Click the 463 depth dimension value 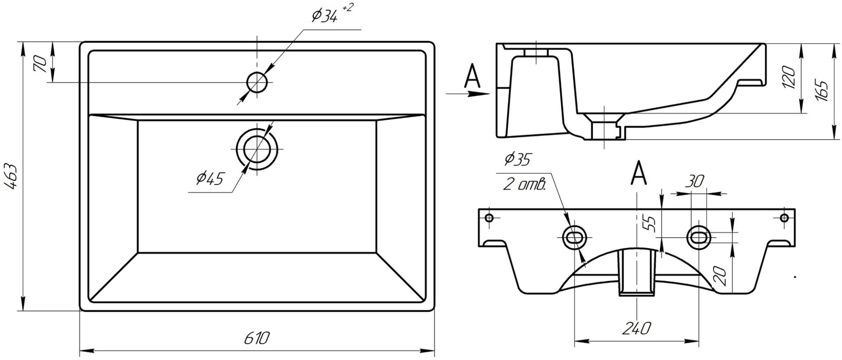pyautogui.click(x=12, y=176)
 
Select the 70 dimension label pyautogui.click(x=40, y=64)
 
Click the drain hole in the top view pyautogui.click(x=257, y=149)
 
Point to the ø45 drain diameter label pyautogui.click(x=210, y=178)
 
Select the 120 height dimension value pyautogui.click(x=789, y=78)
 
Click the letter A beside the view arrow pyautogui.click(x=472, y=76)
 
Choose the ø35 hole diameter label pyautogui.click(x=517, y=160)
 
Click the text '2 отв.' pyautogui.click(x=524, y=185)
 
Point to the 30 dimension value pyautogui.click(x=696, y=180)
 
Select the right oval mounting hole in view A pyautogui.click(x=698, y=237)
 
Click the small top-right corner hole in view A pyautogui.click(x=784, y=217)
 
